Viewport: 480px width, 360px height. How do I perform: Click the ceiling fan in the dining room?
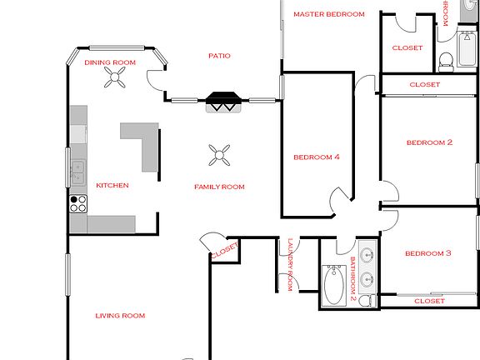point(113,78)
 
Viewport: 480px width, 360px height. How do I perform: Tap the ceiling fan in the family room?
point(220,152)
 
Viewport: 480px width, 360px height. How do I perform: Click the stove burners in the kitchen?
point(78,204)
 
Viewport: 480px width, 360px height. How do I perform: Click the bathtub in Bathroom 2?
point(334,285)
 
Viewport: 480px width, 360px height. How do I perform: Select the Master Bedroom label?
point(329,14)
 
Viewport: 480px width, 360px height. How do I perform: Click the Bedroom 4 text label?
point(317,157)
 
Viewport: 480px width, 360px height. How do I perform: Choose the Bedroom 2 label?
point(428,142)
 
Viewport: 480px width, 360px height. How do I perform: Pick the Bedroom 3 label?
point(428,253)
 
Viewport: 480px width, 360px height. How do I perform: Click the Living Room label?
point(120,316)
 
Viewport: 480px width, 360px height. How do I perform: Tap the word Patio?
point(219,56)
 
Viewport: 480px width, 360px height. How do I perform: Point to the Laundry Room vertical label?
point(290,264)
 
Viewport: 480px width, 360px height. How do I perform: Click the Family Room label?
point(219,187)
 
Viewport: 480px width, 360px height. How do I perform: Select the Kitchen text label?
point(112,185)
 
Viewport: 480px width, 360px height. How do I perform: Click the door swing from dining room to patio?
point(156,79)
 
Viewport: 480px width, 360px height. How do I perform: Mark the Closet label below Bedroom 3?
point(428,301)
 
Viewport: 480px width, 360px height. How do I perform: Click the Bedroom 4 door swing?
point(341,200)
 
